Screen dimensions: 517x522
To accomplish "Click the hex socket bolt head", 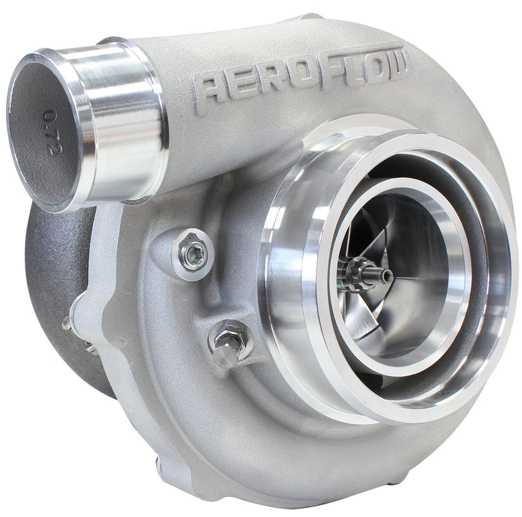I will (190, 250).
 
